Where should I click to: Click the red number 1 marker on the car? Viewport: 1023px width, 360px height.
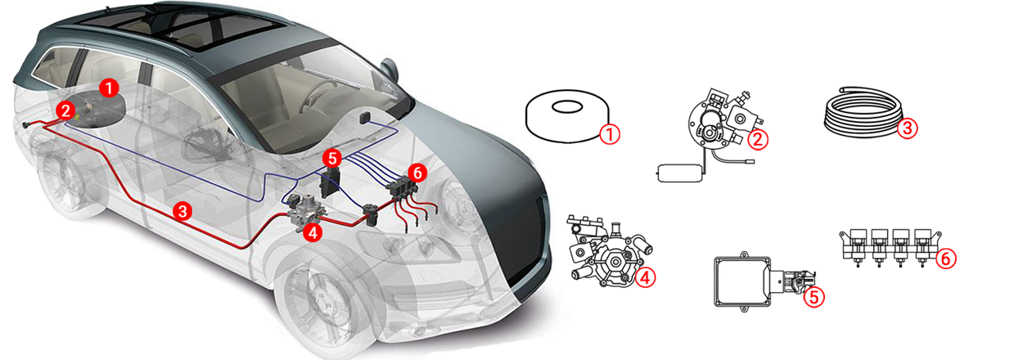click(x=109, y=88)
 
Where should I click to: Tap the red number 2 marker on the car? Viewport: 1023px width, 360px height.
click(x=65, y=110)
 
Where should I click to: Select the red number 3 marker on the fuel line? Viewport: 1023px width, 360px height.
click(x=183, y=212)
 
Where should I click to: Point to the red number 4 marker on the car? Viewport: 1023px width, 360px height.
click(x=313, y=232)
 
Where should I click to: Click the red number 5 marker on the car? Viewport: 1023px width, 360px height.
click(x=332, y=159)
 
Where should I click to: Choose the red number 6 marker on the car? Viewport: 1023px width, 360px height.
click(x=417, y=173)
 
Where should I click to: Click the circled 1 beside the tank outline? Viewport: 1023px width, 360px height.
click(x=611, y=134)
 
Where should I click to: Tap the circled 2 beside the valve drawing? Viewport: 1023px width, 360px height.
click(x=758, y=139)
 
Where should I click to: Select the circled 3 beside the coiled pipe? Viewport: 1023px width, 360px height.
click(x=908, y=128)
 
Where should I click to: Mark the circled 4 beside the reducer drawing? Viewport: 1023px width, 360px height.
click(x=646, y=277)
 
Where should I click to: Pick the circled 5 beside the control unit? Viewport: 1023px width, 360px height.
click(x=814, y=298)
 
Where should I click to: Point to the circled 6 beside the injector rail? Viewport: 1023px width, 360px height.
click(x=946, y=259)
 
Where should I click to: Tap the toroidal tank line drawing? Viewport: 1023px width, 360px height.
click(x=568, y=116)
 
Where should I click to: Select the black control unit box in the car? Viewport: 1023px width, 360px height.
click(x=331, y=182)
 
